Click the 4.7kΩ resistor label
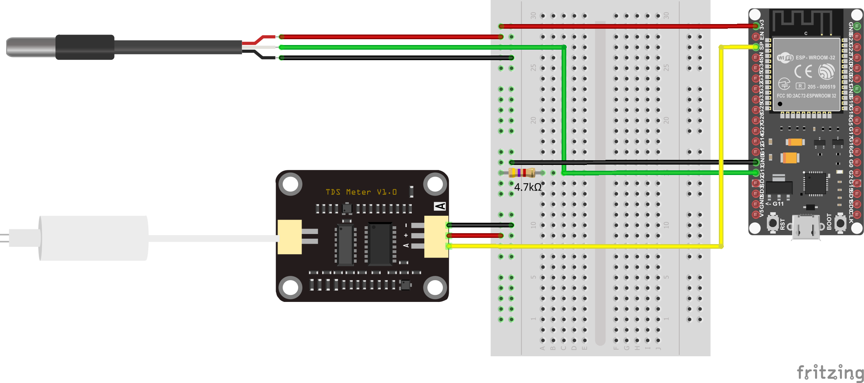click(x=527, y=187)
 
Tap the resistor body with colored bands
click(x=522, y=172)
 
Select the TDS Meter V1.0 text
click(x=361, y=192)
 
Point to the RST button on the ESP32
click(x=773, y=223)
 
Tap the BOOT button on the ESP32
click(x=840, y=223)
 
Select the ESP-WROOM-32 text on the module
click(x=815, y=58)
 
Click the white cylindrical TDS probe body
click(x=93, y=238)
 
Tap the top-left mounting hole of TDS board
click(x=290, y=185)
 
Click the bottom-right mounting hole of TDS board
click(x=435, y=288)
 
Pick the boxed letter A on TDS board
click(x=440, y=206)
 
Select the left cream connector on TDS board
click(x=290, y=237)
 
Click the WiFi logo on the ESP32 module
click(x=785, y=58)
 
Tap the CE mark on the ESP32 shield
click(x=803, y=71)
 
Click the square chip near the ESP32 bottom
click(x=814, y=184)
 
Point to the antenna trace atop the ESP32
click(x=802, y=21)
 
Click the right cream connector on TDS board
click(x=436, y=237)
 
